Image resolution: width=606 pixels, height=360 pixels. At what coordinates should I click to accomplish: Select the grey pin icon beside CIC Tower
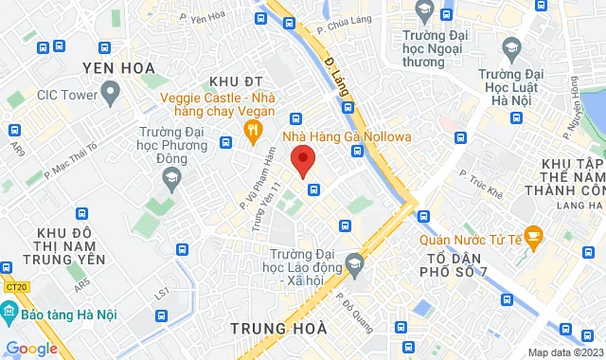click(x=112, y=93)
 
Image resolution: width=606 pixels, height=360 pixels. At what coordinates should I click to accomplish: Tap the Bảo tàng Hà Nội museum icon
click(x=8, y=311)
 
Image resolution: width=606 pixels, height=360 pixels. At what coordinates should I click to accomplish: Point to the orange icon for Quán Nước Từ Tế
click(x=534, y=233)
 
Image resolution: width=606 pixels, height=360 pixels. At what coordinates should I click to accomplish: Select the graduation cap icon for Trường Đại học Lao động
click(x=355, y=261)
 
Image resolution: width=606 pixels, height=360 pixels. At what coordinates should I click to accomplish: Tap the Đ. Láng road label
click(x=339, y=79)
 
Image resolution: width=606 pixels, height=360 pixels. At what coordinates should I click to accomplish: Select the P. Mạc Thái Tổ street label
click(x=71, y=163)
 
